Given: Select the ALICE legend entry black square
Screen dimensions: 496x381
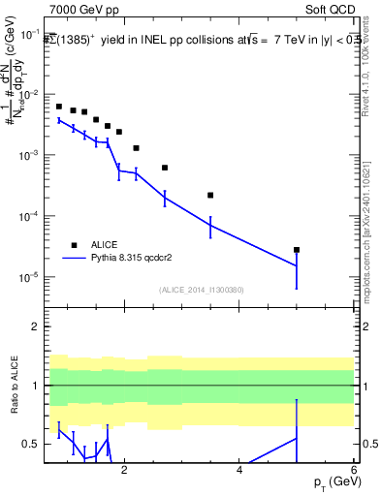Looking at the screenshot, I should (73, 245).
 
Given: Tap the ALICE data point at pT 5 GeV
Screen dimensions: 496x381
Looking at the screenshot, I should (297, 250).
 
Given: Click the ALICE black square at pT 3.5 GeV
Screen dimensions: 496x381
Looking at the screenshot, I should (210, 195).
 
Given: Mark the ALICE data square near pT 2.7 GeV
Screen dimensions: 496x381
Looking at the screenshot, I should (165, 168).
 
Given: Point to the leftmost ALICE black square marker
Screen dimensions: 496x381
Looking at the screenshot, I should (59, 107).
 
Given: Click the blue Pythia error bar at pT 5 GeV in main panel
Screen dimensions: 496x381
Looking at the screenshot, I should (297, 265).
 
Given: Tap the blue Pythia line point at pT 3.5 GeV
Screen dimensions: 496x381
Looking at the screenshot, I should (210, 226).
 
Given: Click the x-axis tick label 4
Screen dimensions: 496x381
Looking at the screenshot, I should (239, 470).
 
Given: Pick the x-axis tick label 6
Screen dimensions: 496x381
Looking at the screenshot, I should (354, 470).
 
